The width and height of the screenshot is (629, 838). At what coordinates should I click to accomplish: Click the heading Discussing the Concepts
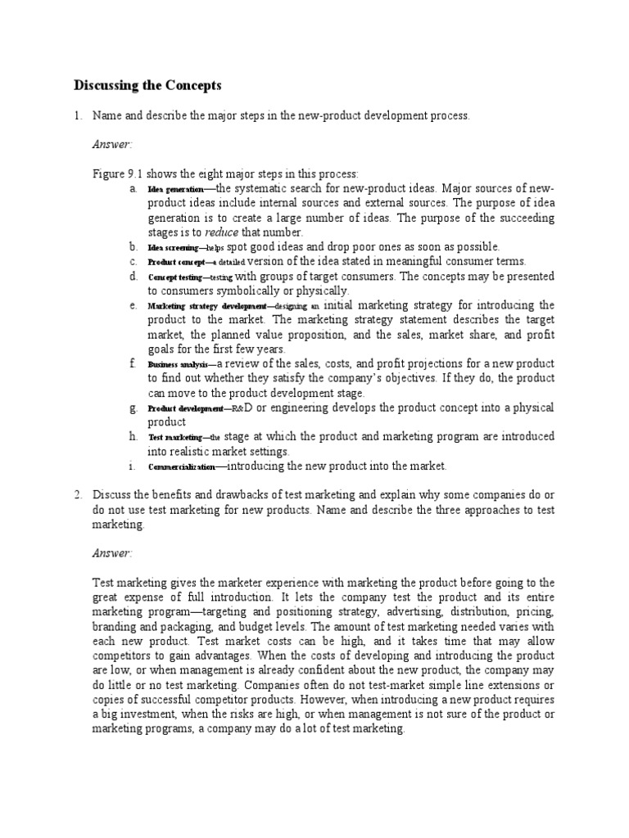[x=147, y=85]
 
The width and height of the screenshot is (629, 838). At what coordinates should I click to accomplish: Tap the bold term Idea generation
[x=176, y=189]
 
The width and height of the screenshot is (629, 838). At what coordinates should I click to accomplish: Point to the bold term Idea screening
[x=173, y=247]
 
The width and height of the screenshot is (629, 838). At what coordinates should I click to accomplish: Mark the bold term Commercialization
[x=181, y=467]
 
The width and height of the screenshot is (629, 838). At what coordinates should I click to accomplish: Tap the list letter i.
[x=131, y=466]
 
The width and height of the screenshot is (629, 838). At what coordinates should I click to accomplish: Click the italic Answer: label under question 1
[x=112, y=144]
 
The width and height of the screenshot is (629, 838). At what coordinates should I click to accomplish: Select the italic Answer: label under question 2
[x=112, y=553]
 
